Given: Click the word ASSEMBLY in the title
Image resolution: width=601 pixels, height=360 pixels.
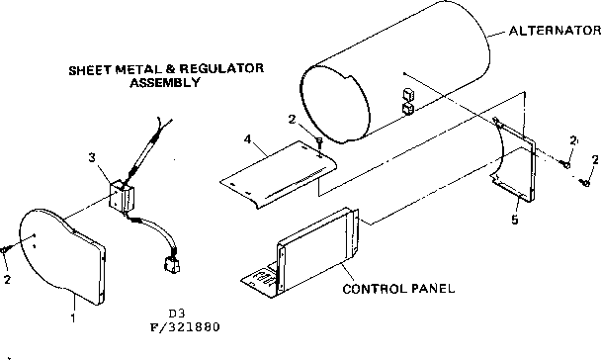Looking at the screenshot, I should click(x=165, y=83).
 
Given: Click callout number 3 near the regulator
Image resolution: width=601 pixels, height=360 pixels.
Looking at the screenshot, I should click(x=91, y=156).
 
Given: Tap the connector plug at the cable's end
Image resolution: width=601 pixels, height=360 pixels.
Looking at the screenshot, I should click(x=168, y=265).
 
